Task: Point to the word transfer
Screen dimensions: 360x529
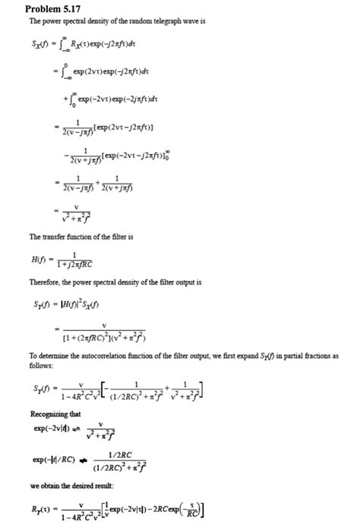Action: (51, 238)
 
